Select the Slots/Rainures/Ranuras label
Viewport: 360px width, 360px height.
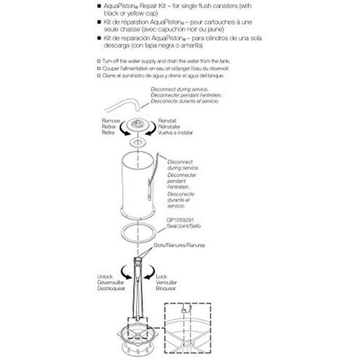pos(179,245)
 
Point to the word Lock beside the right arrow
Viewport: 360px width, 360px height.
pos(161,277)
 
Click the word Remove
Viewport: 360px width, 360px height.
pos(111,120)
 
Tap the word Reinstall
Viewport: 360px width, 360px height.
pos(168,120)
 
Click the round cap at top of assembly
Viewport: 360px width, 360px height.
pos(137,125)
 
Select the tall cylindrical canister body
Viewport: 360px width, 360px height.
pos(137,183)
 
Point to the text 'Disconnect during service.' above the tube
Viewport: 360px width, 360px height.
pos(180,89)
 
